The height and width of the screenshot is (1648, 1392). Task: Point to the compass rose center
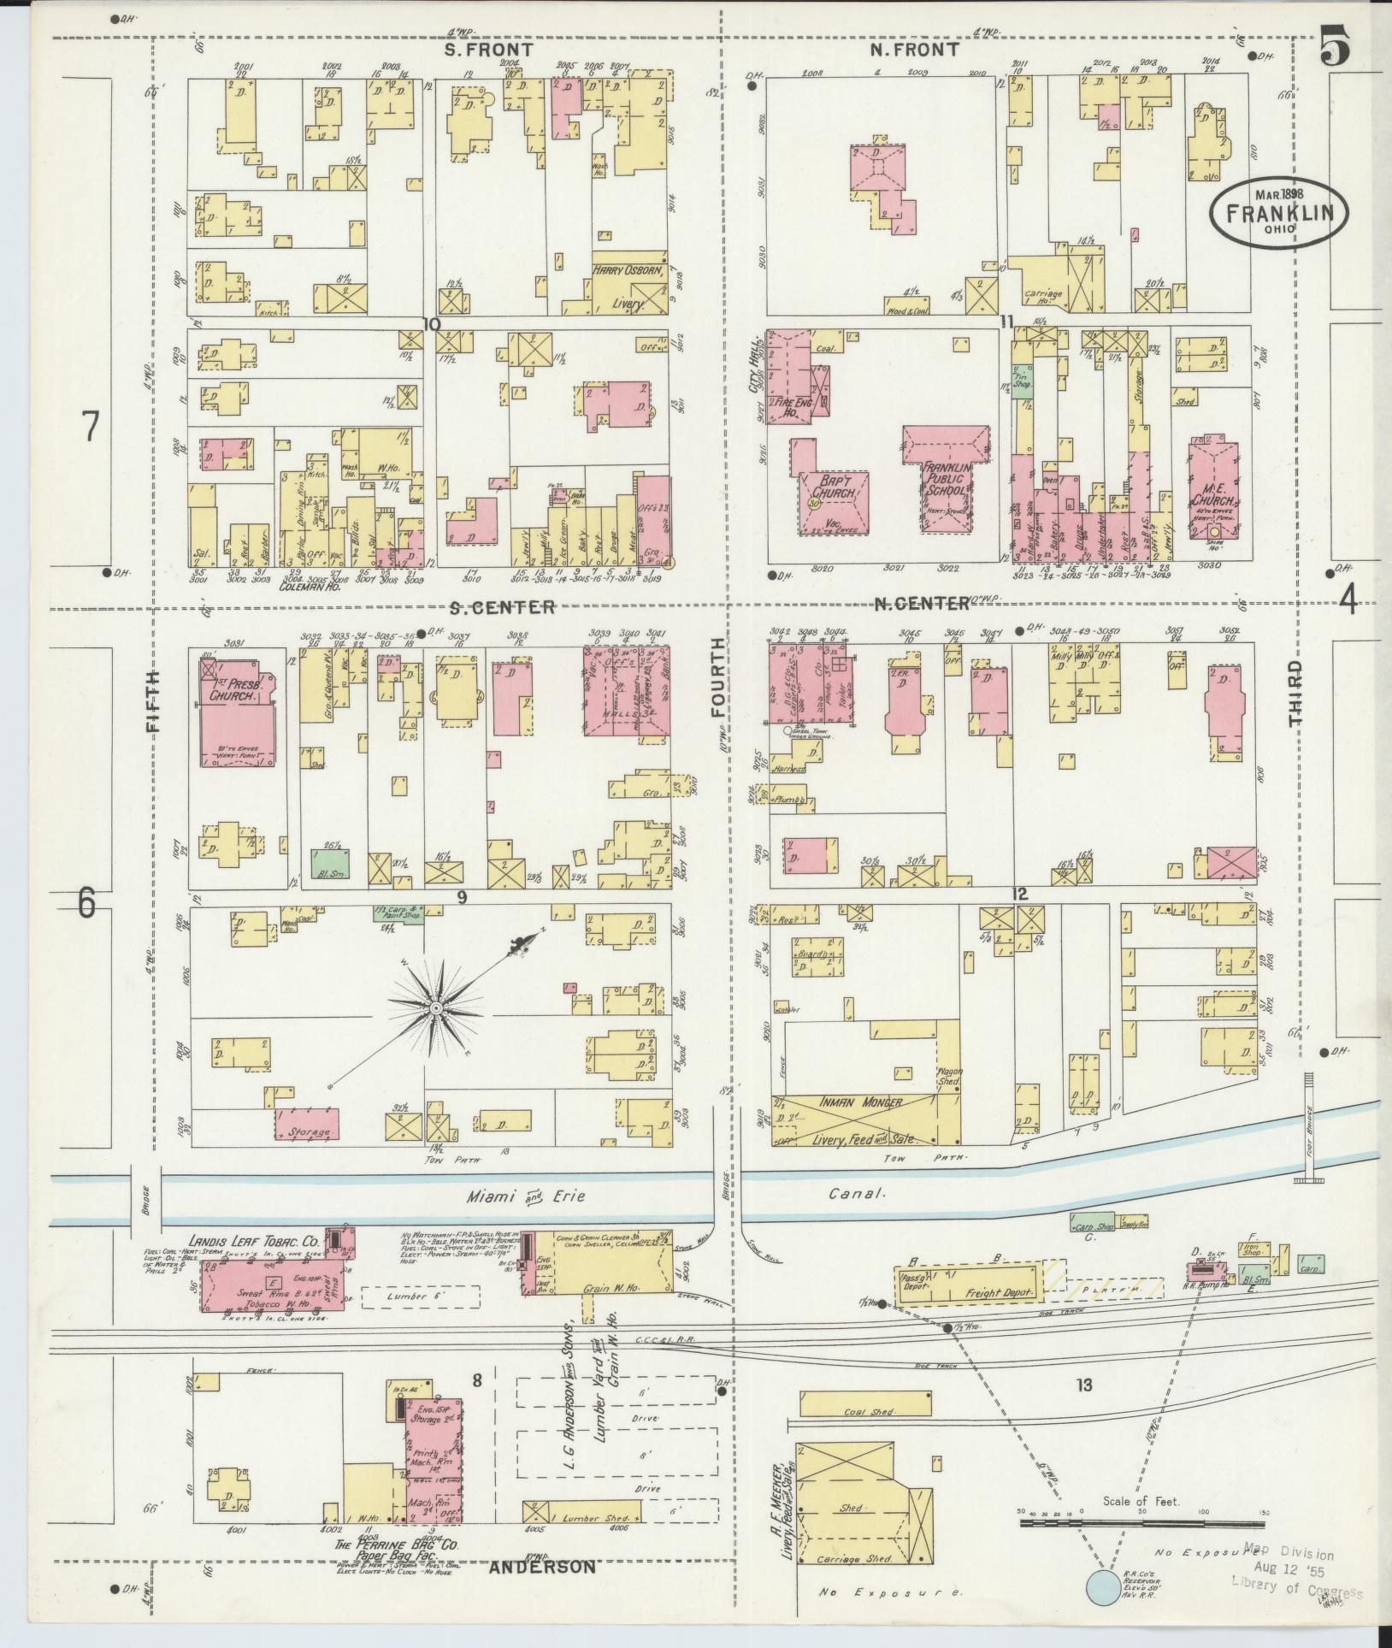[x=436, y=1009]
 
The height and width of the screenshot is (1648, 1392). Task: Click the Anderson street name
[x=543, y=1568]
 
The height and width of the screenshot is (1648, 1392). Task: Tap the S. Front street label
[x=488, y=50]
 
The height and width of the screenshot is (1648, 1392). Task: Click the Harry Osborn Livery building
[x=630, y=286]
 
